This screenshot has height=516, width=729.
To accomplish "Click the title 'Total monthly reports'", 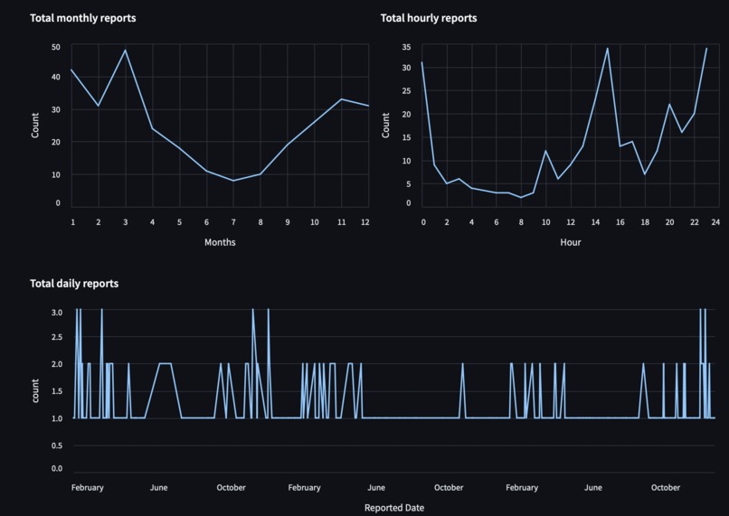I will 83,18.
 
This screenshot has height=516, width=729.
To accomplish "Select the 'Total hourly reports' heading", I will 428,18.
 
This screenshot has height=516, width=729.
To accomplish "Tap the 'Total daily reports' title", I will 74,284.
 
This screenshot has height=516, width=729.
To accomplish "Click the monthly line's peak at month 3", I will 126,50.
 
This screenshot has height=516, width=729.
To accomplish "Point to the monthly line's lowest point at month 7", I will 233,181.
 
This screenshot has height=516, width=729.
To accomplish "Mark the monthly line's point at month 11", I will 341,99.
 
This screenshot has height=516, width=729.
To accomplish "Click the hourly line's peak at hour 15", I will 607,49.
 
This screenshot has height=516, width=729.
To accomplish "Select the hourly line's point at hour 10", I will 545,151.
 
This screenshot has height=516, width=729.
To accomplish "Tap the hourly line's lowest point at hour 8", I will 521,197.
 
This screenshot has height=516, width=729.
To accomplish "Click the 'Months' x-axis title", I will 219,242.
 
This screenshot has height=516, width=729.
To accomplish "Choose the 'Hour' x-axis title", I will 570,242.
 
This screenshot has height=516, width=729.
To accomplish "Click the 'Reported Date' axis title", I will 393,508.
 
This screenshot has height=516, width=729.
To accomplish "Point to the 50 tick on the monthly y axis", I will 56,47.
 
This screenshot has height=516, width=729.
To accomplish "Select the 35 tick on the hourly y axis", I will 407,47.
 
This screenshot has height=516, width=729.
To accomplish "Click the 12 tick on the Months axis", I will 365,221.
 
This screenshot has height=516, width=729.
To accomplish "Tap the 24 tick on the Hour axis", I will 715,221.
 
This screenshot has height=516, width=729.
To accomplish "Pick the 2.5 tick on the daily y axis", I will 57,337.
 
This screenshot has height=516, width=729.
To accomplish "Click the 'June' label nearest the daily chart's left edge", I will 158,488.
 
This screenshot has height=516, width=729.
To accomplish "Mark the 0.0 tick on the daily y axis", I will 57,469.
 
